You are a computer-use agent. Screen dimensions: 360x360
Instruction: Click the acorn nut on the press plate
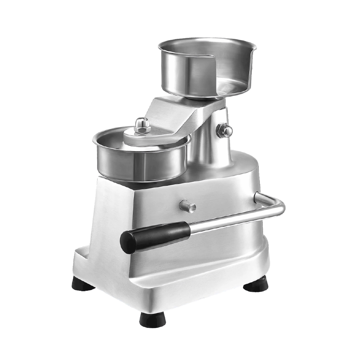(x=141, y=125)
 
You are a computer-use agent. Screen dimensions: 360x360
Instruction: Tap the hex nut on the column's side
(x=225, y=130)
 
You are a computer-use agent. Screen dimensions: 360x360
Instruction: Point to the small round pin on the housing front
(x=188, y=206)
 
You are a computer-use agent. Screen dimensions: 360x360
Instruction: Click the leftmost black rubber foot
(x=83, y=284)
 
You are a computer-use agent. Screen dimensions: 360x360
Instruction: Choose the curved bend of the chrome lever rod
(x=279, y=205)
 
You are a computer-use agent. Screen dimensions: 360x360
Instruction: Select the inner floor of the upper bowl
(x=230, y=86)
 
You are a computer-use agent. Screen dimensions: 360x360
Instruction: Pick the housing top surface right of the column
(x=245, y=164)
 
